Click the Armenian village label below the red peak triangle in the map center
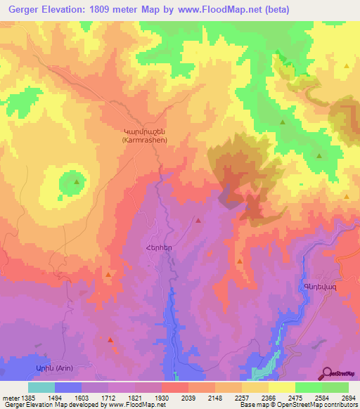tap(159, 248)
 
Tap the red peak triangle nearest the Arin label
tap(110, 340)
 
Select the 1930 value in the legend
tap(162, 396)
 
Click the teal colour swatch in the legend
tap(41, 387)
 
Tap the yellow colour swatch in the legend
tap(281, 387)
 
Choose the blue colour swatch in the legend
tap(68, 387)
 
